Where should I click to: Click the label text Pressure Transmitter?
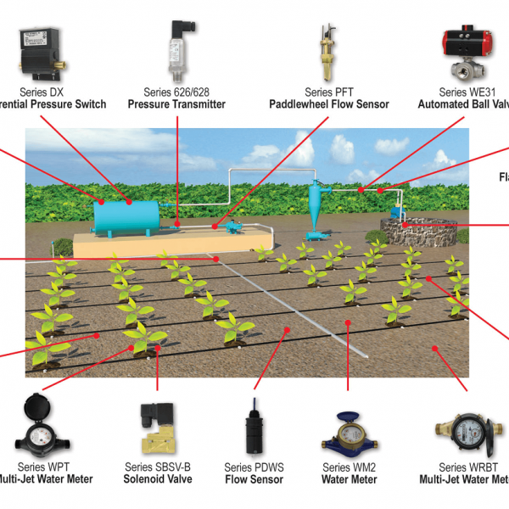pyautogui.click(x=176, y=104)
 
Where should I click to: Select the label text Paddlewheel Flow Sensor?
pyautogui.click(x=329, y=104)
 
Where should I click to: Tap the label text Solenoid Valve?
pyautogui.click(x=159, y=479)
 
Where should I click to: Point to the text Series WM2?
pyautogui.click(x=350, y=467)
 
